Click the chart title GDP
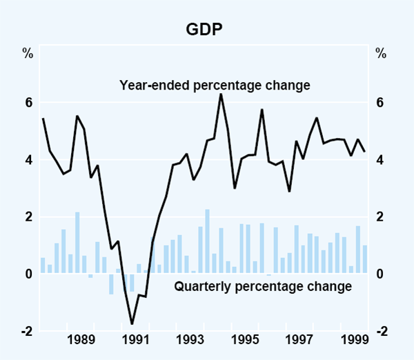[x=206, y=30]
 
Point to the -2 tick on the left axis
[x=28, y=331]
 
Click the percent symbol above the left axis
[x=28, y=52]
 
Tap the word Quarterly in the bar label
[x=200, y=286]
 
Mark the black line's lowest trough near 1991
[x=132, y=323]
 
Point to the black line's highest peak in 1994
[x=221, y=94]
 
